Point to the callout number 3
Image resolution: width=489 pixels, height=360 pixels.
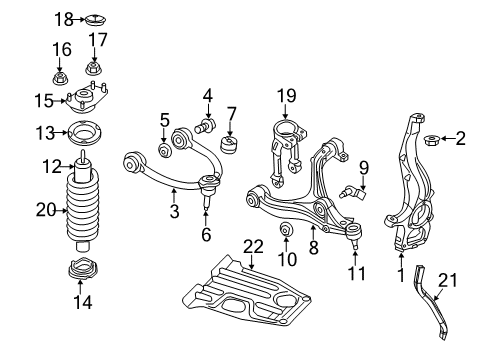[x=172, y=211]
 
